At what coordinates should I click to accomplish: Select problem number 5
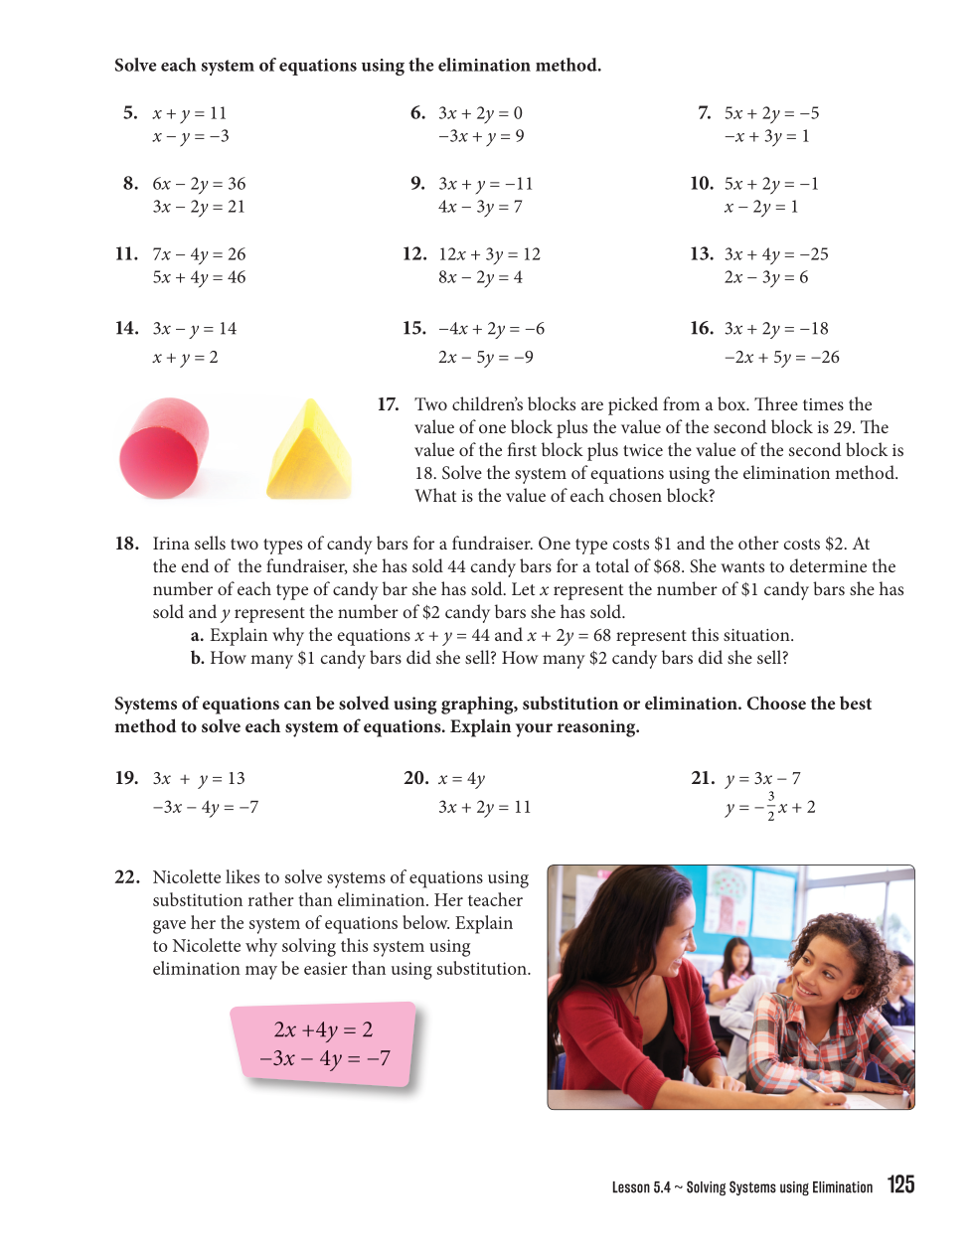130,113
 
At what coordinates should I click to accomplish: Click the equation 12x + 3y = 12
489,254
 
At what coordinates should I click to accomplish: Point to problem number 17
388,404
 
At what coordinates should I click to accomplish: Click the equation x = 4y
461,779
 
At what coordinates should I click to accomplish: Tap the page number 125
900,1184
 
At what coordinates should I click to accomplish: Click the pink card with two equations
324,1043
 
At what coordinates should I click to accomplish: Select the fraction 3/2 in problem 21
770,806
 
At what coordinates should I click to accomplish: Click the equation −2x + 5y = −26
781,357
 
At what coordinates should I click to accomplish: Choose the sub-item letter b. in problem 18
197,658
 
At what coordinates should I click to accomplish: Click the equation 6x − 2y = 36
199,184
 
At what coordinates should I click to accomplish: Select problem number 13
701,254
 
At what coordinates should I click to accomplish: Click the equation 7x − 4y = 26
199,254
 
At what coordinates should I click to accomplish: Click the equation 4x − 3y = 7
480,207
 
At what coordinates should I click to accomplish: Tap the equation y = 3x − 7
762,779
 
